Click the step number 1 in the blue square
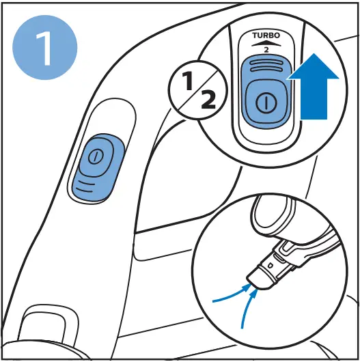[x=45, y=48]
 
